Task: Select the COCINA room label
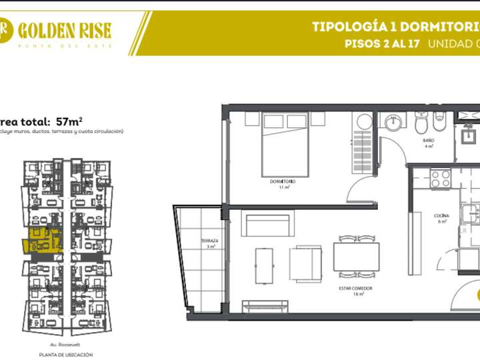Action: click(x=441, y=216)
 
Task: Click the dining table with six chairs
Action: click(x=356, y=256)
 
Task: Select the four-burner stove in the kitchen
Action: click(x=441, y=178)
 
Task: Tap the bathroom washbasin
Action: click(x=394, y=122)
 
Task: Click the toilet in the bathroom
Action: click(x=421, y=123)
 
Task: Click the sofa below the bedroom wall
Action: click(x=267, y=223)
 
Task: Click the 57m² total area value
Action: click(x=69, y=121)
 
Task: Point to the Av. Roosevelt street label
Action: click(x=65, y=345)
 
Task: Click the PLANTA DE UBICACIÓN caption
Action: click(x=65, y=355)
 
